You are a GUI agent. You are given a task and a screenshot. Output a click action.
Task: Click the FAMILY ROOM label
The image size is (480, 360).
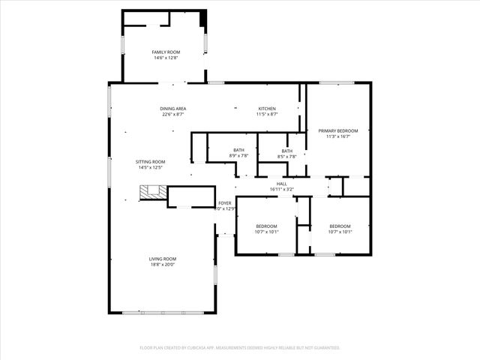coord(166,52)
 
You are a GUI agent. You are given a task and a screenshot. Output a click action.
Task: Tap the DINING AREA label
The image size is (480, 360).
coord(173,109)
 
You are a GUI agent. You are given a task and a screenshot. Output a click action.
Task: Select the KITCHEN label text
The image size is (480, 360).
coord(268,109)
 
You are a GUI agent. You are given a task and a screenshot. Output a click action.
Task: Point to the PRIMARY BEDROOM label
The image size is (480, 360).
coord(337,131)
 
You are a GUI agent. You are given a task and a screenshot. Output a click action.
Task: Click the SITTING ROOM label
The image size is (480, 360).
coord(150,162)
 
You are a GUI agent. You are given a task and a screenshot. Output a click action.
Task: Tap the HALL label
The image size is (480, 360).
coord(281,184)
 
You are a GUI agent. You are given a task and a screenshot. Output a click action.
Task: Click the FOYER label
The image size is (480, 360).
coord(225,203)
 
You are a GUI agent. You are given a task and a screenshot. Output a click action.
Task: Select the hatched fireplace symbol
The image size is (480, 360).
coord(153,193)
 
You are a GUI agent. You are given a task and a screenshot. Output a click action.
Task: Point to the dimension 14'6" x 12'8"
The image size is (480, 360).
coord(166,58)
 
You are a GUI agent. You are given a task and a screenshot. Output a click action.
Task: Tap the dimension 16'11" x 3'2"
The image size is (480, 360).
coord(281,190)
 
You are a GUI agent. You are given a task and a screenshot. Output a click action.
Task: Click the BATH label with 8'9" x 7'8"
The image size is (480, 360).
coord(238,151)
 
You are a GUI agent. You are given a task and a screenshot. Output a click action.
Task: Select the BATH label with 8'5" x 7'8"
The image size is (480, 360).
coord(287,151)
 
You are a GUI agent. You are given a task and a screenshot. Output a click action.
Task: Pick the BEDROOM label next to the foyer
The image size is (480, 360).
coord(266,226)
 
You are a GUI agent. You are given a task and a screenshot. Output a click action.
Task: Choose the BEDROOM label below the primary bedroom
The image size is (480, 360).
coord(340,226)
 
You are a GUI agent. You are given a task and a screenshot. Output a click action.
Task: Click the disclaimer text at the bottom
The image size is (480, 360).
coord(240,347)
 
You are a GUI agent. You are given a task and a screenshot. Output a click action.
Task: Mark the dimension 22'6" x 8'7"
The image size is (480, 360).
coord(173,115)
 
